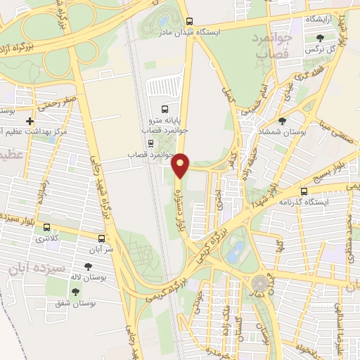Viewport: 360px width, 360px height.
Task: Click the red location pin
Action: tap(181, 165)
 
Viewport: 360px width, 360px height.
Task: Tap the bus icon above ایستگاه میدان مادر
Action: tap(188, 21)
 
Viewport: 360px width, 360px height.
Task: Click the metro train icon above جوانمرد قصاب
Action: tap(150, 143)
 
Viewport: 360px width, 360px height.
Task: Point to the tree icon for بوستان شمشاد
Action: tap(282, 121)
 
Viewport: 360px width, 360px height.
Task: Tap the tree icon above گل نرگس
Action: tap(321, 37)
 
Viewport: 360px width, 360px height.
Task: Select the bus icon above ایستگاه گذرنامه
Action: tap(304, 191)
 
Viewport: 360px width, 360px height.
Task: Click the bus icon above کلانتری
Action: tap(46, 228)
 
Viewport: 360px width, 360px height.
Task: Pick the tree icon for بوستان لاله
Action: tap(87, 266)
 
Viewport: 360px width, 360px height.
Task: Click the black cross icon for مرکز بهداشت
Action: tap(29, 121)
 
